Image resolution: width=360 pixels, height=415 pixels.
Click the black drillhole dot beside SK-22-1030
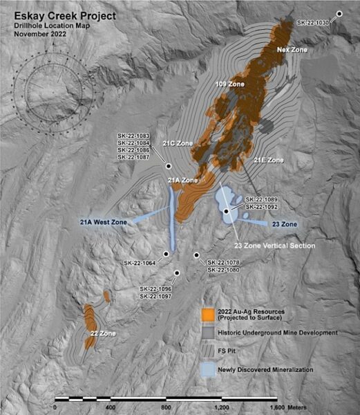pos(340,14)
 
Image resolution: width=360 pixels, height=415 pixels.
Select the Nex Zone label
pos(292,50)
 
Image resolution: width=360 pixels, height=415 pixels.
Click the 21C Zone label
pos(178,143)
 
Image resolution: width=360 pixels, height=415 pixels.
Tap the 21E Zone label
pos(269,160)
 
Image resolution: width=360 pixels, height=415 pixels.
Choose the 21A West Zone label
pos(104,222)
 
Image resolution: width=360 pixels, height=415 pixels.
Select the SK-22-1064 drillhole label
pos(140,262)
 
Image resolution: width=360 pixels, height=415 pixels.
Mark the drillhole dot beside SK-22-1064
pos(167,253)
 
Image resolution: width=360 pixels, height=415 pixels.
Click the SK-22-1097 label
pos(155,296)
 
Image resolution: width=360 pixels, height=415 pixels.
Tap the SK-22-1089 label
pos(261,199)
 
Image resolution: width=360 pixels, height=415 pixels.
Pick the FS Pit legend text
pos(230,351)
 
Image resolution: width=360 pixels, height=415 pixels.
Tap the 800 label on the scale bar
pos(166,408)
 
